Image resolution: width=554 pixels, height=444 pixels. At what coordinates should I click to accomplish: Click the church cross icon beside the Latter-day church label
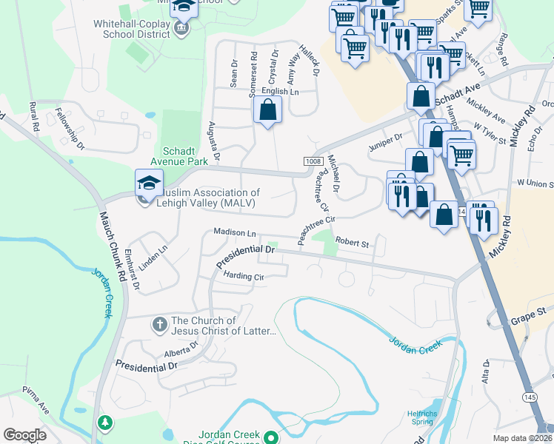click(158, 325)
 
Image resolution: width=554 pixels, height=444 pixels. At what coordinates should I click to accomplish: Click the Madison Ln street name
click(234, 232)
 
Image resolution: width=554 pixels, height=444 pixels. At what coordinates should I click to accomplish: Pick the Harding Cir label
click(244, 277)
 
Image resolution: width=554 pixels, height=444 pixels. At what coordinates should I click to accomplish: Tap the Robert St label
click(352, 242)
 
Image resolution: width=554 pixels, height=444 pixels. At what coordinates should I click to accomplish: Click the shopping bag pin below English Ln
click(267, 110)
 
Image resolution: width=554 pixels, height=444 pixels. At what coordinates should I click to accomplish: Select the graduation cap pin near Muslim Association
click(149, 184)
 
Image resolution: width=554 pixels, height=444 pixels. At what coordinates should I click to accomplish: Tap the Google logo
click(24, 435)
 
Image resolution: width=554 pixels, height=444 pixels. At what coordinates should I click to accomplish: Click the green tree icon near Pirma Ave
click(105, 423)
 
